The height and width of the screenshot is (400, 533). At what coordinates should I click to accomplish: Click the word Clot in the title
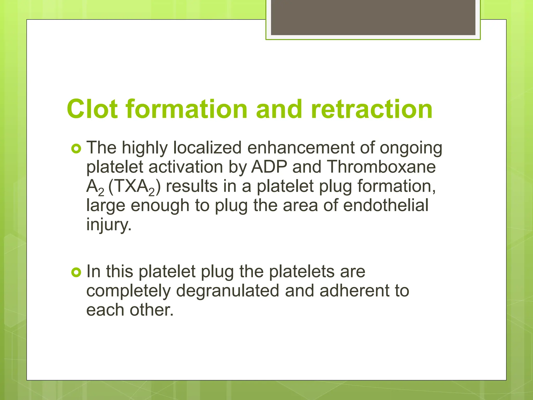(92, 109)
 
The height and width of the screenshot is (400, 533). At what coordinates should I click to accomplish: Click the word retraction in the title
(371, 109)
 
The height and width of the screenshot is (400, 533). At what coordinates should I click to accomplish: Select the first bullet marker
(76, 149)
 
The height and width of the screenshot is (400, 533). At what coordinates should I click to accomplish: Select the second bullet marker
(76, 272)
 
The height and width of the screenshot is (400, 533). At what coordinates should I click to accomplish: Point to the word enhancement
(301, 148)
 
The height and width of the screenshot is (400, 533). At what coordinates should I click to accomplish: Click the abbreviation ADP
(269, 167)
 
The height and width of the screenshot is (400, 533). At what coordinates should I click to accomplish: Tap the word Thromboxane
(381, 167)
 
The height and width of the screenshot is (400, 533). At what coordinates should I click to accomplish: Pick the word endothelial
(386, 205)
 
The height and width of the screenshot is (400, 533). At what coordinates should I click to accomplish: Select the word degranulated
(227, 291)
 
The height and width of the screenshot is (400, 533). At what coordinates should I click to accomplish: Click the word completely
(128, 291)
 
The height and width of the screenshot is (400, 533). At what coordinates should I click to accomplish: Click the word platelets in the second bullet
(302, 272)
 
